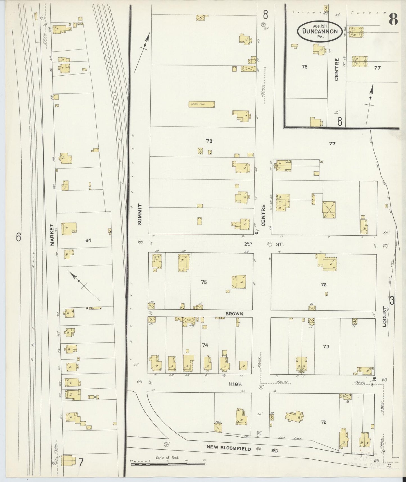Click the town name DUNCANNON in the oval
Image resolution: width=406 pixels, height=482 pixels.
point(320,31)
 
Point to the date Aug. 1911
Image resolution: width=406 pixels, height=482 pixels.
point(320,26)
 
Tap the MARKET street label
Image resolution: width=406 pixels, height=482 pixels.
point(52,235)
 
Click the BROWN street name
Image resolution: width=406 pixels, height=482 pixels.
point(234,314)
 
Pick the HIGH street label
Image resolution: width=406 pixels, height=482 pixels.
point(235,384)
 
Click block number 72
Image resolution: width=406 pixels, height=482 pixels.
point(323,422)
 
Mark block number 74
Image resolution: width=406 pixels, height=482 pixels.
point(205,345)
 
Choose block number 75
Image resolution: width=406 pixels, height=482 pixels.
point(204,282)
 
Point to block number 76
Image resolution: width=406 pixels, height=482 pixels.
point(323,285)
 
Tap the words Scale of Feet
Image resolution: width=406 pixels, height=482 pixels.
point(167,458)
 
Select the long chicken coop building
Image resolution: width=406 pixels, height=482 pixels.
point(201,104)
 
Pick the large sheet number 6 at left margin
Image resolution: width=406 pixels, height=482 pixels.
point(19,238)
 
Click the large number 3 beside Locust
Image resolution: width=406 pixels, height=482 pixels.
point(392,301)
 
